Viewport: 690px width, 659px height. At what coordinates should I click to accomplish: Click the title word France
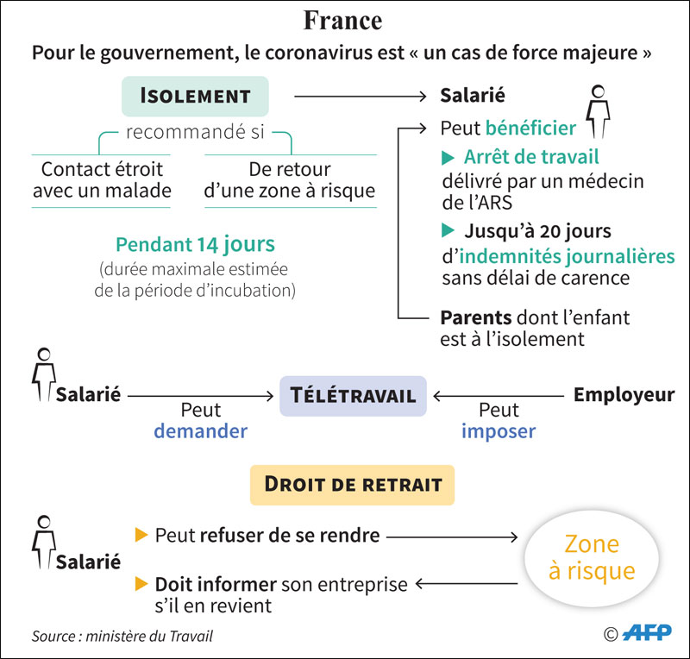[x=343, y=20]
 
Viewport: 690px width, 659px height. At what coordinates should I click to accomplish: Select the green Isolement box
[x=195, y=96]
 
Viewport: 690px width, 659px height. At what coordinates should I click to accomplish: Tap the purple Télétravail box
[x=352, y=396]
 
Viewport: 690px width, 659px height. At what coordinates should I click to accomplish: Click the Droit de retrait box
[x=352, y=485]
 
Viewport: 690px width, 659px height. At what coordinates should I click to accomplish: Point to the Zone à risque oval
[x=592, y=557]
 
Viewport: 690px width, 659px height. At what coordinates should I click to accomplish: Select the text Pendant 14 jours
[x=195, y=244]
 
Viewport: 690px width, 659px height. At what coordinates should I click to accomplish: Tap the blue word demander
[x=200, y=430]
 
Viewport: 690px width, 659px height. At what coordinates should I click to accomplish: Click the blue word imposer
[x=498, y=430]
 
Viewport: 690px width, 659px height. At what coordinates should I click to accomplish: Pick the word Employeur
[x=624, y=395]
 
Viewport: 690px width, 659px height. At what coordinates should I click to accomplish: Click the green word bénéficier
[x=530, y=129]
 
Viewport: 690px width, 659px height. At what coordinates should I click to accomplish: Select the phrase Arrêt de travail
[x=531, y=157]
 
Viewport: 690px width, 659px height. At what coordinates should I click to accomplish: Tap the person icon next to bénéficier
[x=598, y=110]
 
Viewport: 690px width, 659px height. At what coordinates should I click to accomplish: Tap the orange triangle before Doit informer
[x=142, y=584]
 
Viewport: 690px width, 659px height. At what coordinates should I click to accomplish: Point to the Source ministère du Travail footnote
[x=122, y=637]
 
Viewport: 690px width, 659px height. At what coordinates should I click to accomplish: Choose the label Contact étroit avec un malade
[x=102, y=179]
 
